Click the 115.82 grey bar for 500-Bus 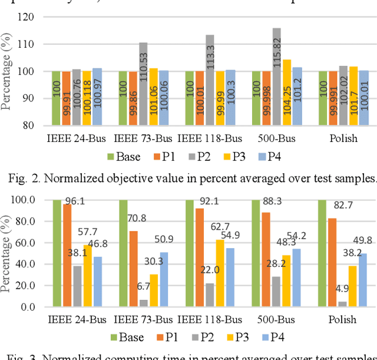point(277,77)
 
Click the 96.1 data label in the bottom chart point(74,202)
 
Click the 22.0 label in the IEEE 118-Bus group point(209,270)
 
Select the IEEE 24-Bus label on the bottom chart point(77,320)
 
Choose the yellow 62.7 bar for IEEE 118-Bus point(220,273)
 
